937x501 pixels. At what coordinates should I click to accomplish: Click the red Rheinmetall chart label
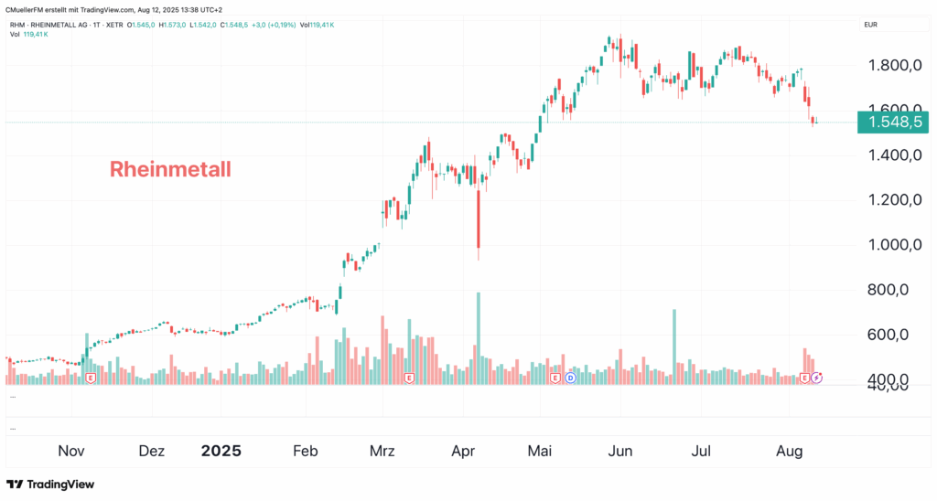170,169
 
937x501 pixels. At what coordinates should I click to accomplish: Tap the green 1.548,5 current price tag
892,123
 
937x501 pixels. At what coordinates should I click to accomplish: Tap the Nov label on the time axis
71,451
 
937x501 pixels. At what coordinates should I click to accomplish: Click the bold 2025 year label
221,451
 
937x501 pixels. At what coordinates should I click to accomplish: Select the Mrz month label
382,451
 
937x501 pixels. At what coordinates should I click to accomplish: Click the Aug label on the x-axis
790,451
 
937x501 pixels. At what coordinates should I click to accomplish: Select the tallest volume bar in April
478,334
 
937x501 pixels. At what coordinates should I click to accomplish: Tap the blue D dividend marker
570,377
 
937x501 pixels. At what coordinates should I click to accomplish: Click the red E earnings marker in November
90,377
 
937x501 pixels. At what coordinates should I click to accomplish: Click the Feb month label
306,451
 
